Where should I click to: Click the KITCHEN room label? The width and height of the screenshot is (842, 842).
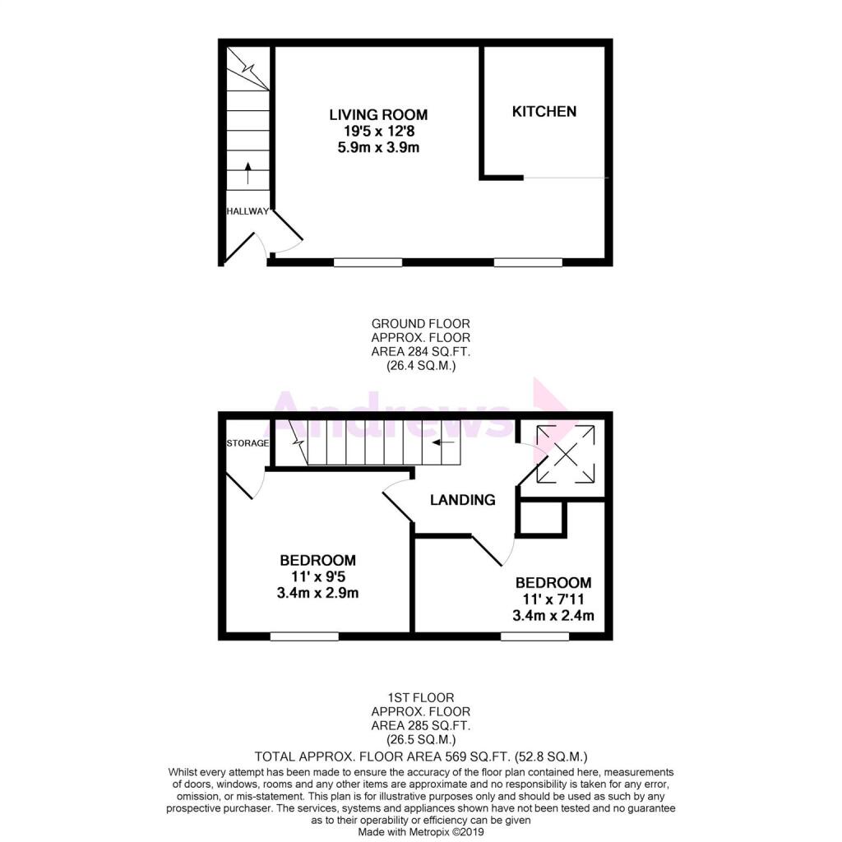544,112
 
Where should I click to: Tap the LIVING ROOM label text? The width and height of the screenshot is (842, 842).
378,114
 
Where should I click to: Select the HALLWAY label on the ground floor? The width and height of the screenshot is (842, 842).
248,211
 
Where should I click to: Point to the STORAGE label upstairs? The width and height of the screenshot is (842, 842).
248,443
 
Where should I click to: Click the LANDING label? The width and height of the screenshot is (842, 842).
463,500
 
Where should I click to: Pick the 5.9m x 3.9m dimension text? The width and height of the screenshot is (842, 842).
378,147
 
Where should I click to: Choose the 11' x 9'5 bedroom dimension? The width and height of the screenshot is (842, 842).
318,576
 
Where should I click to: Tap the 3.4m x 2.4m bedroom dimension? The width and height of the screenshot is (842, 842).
553,615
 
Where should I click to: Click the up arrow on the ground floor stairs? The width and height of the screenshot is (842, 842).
248,173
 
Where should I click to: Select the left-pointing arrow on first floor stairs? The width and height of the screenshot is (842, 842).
443,442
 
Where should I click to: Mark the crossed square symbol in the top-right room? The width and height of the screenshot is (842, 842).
566,454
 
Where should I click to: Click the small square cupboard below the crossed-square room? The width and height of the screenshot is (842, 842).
542,518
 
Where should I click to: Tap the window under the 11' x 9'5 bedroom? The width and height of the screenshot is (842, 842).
304,636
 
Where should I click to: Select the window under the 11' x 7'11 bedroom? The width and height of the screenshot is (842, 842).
534,636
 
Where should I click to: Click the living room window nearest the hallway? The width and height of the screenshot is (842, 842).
368,262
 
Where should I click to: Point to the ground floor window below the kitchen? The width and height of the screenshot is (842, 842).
528,262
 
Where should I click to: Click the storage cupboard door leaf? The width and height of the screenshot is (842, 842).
239,487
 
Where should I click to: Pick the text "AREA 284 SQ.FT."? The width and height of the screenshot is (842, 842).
421,352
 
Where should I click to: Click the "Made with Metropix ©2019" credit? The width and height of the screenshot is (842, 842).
421,832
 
